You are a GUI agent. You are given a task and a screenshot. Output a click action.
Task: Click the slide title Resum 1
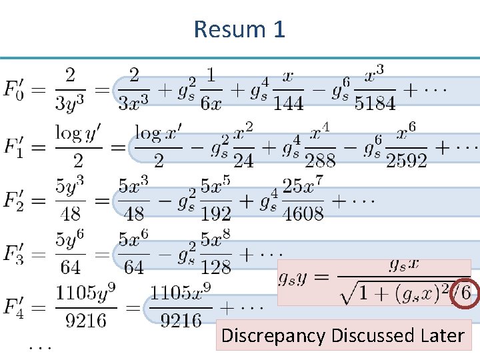pos(239,29)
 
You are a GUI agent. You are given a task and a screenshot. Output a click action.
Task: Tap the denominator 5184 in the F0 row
pos(375,103)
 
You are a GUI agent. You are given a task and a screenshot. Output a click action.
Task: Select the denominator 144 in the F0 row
pos(288,103)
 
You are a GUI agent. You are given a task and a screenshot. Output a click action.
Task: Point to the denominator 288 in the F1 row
pos(319,160)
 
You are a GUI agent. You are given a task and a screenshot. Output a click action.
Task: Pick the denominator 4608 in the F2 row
pos(301,213)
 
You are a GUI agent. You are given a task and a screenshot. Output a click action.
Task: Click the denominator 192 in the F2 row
pos(215,213)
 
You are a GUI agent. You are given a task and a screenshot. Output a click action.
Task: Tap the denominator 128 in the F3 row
pos(215,267)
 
